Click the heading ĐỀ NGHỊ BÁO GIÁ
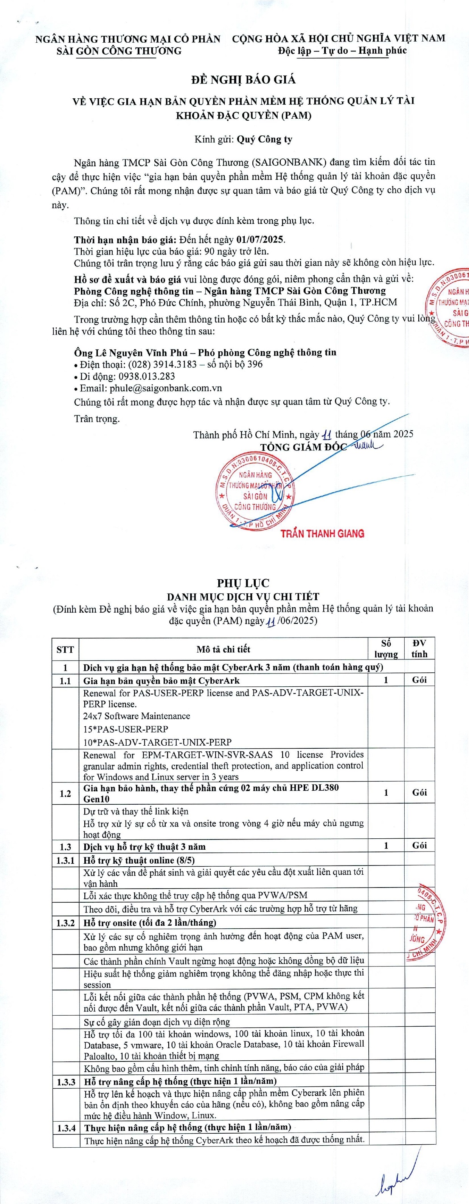(x=244, y=80)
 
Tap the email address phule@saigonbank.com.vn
(x=166, y=388)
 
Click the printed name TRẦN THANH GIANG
(x=322, y=533)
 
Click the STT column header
(x=65, y=649)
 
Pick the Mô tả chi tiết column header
(x=223, y=649)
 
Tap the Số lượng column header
(x=386, y=649)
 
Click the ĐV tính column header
(x=419, y=649)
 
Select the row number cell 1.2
(x=65, y=793)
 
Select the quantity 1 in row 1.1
(x=386, y=680)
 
